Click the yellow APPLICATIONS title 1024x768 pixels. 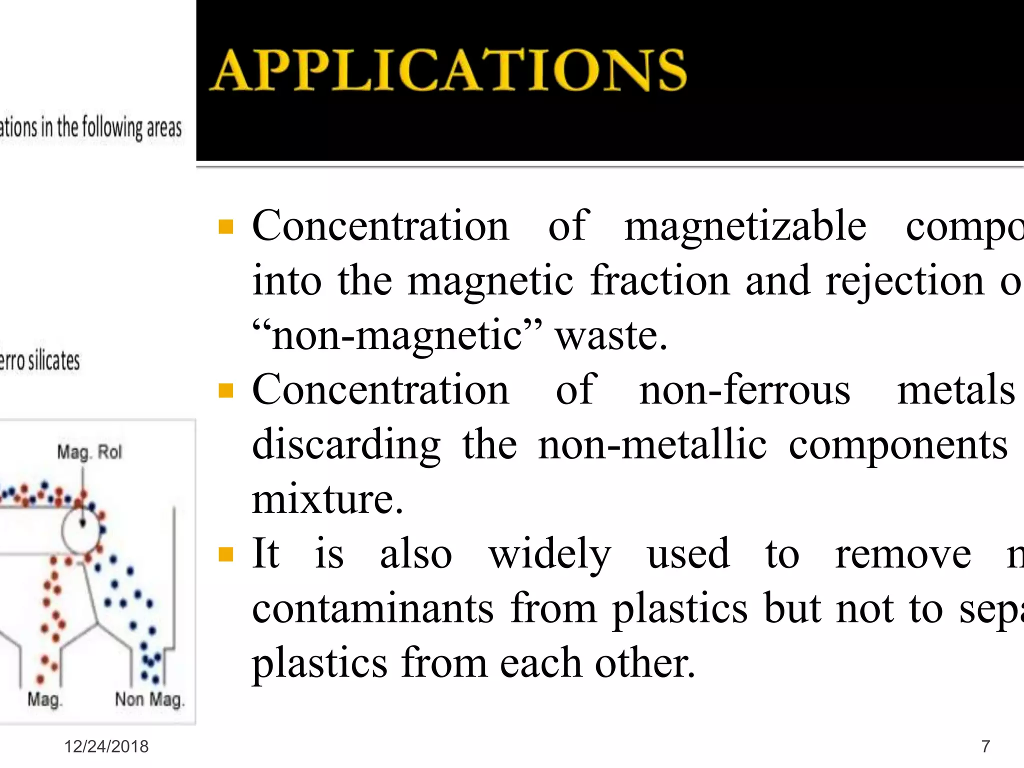(x=448, y=70)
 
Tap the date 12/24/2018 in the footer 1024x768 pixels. (x=106, y=746)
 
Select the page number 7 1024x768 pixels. (x=985, y=746)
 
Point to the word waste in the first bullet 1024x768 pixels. (x=611, y=335)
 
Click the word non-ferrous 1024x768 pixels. (x=744, y=390)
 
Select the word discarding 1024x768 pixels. (x=346, y=445)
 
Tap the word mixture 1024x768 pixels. (x=327, y=499)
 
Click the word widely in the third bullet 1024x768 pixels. (x=549, y=554)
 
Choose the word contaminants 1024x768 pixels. (x=372, y=608)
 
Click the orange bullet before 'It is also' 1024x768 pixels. (x=226, y=554)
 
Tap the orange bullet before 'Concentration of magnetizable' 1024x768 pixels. (x=226, y=227)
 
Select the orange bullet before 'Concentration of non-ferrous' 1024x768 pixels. (x=226, y=390)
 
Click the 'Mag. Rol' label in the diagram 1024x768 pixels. (x=89, y=452)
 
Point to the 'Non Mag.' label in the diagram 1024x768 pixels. (x=149, y=699)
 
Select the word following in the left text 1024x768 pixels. (x=112, y=127)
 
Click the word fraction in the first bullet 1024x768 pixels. (x=659, y=281)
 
